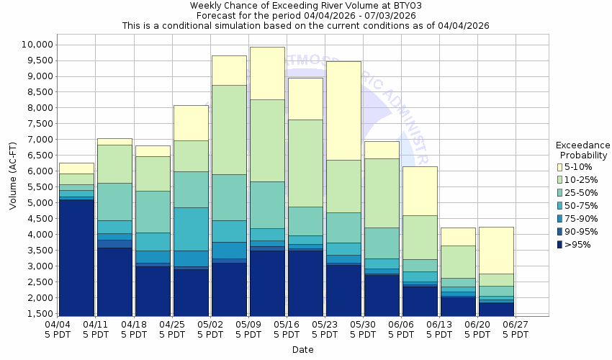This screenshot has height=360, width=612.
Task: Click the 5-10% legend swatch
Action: click(x=559, y=167)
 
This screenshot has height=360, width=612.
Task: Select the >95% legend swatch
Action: click(x=559, y=245)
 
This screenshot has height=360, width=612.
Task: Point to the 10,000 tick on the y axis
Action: click(x=34, y=45)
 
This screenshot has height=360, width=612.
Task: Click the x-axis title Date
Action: click(x=303, y=350)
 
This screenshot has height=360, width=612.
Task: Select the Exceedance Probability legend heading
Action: click(x=583, y=150)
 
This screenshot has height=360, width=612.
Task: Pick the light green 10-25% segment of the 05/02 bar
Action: click(x=229, y=130)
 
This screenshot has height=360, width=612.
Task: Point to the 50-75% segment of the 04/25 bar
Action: click(x=191, y=229)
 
